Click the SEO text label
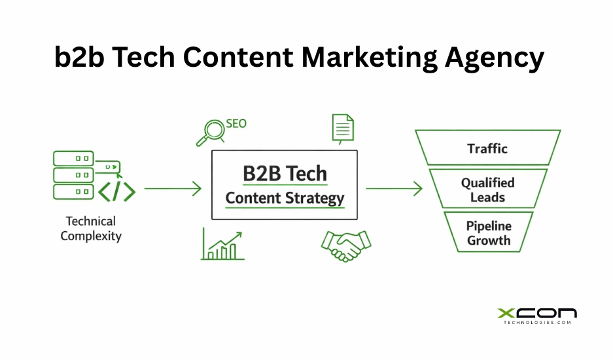pyautogui.click(x=236, y=123)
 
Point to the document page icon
pyautogui.click(x=342, y=128)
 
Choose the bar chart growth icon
pyautogui.click(x=222, y=245)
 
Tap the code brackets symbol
pyautogui.click(x=116, y=191)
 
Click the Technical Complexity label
pyautogui.click(x=91, y=228)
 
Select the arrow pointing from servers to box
pyautogui.click(x=173, y=189)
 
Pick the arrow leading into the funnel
pyautogui.click(x=394, y=189)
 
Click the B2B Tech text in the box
pyautogui.click(x=285, y=173)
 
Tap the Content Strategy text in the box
pyautogui.click(x=285, y=198)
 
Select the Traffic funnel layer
pyautogui.click(x=487, y=148)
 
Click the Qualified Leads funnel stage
pyautogui.click(x=487, y=190)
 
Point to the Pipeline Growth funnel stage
pyautogui.click(x=488, y=233)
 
